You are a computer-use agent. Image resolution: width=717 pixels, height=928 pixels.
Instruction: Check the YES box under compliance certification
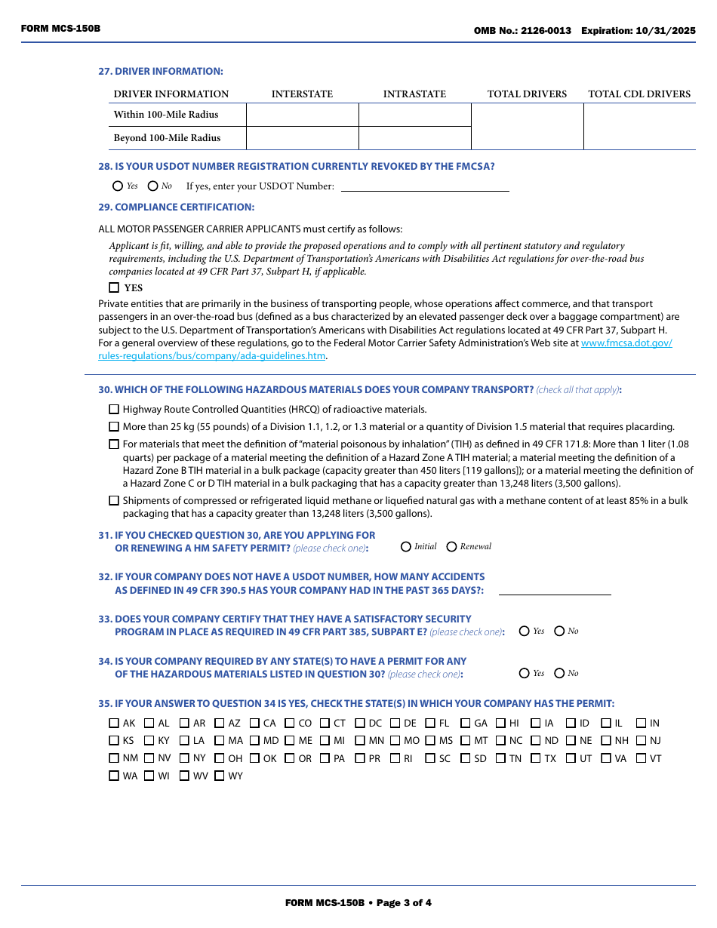point(114,287)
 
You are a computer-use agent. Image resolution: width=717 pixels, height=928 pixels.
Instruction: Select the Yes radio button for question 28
point(118,186)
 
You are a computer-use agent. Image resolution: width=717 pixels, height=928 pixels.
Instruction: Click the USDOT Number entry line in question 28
point(425,186)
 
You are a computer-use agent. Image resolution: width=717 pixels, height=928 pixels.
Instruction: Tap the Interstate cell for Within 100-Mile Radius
point(302,115)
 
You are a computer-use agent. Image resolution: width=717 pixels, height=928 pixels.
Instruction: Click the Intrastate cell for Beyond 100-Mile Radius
point(414,138)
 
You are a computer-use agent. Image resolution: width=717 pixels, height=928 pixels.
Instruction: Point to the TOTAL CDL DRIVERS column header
point(639,94)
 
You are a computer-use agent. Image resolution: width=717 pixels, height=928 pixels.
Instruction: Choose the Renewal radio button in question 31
point(452,546)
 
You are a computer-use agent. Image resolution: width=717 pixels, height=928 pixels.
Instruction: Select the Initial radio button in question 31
point(406,546)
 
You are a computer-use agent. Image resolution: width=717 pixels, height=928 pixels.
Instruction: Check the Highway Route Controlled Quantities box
point(114,410)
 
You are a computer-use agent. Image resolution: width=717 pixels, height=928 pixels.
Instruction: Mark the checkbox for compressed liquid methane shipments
point(114,500)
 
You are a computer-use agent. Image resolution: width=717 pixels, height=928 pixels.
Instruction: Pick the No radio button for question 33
point(559,631)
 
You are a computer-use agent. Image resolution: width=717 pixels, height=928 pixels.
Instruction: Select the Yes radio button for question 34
point(525,673)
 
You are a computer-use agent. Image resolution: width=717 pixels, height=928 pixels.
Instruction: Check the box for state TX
point(536,758)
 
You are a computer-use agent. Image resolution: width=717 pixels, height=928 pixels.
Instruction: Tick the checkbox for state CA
point(255,723)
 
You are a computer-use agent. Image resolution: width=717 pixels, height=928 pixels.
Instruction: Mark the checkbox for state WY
point(220,776)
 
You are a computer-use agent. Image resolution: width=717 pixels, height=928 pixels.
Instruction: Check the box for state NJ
point(642,741)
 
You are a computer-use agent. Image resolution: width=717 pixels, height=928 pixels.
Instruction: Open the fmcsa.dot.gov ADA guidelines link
point(626,343)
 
